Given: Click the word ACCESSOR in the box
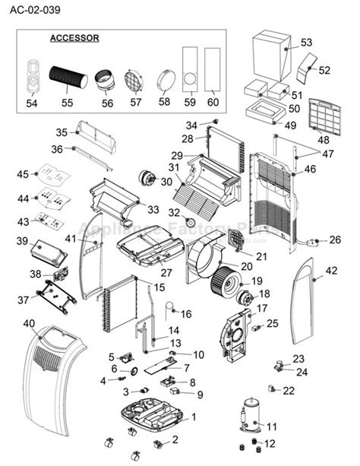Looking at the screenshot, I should click(74, 37).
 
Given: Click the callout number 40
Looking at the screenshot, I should click(28, 323).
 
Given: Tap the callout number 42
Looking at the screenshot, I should click(331, 270).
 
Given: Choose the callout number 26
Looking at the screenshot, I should click(335, 240).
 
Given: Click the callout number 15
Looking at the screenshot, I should click(159, 287).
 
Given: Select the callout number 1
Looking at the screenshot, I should click(193, 417).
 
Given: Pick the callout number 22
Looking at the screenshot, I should click(289, 390).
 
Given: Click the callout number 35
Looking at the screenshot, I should click(62, 132).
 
